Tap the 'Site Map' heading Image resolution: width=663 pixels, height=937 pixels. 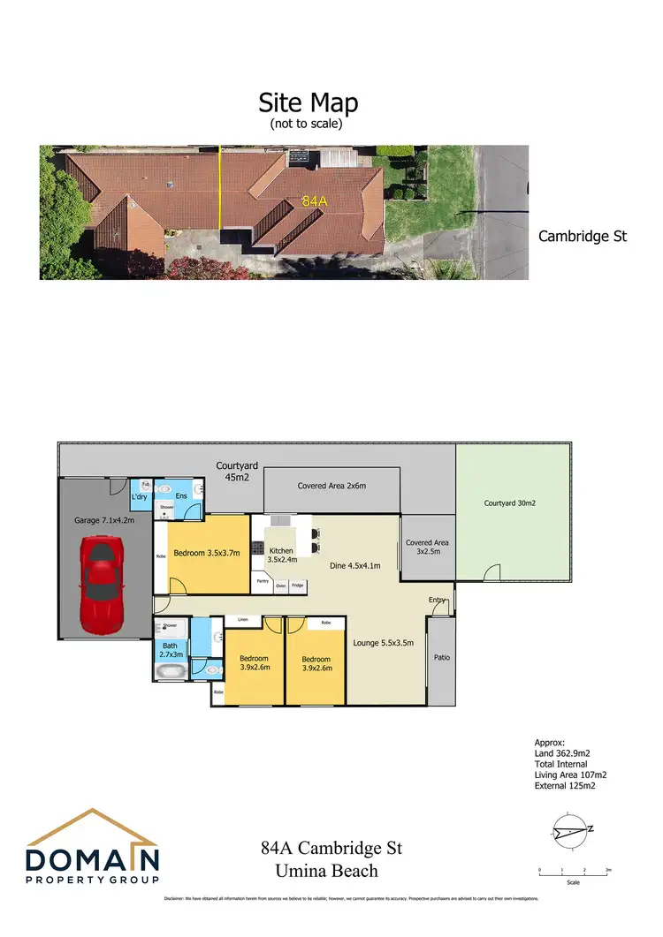click(308, 102)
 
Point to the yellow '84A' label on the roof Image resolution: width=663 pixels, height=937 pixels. click(314, 202)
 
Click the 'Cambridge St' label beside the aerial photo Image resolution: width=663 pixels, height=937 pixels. click(583, 237)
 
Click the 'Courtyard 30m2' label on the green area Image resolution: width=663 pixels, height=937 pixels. click(510, 503)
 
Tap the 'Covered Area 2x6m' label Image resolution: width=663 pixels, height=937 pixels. click(331, 486)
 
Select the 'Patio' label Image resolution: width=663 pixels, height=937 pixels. click(442, 657)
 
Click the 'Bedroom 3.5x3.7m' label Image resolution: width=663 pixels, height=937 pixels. click(204, 553)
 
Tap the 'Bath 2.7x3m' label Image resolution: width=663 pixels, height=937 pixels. click(169, 651)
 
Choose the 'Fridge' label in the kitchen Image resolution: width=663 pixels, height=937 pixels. click(297, 586)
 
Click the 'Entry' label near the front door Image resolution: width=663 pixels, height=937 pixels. click(438, 601)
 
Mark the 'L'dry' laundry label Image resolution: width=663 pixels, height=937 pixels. click(139, 496)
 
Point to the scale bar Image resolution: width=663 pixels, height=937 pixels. click(574, 873)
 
